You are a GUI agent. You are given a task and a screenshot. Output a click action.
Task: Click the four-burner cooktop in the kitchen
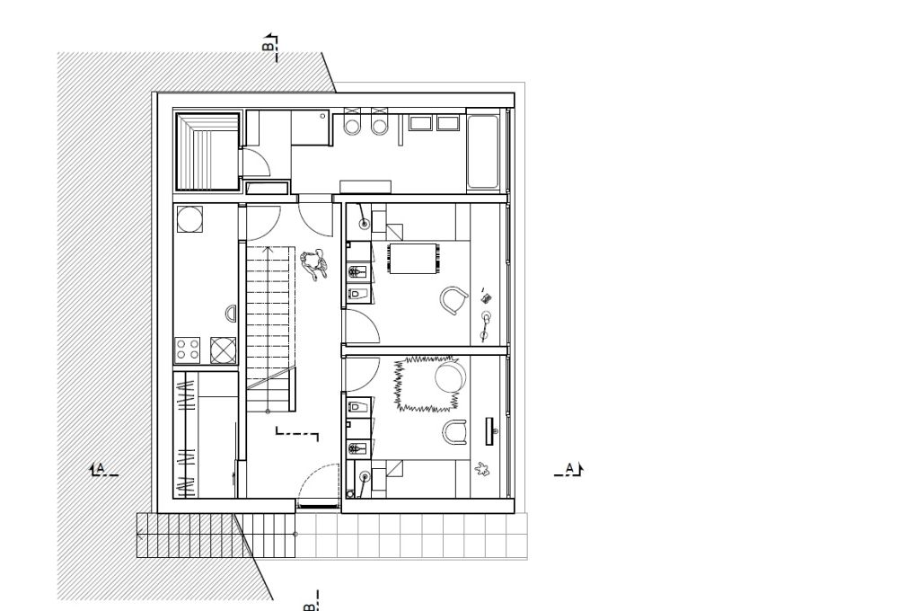coord(188,350)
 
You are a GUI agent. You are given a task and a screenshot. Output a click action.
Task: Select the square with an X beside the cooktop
coord(224,350)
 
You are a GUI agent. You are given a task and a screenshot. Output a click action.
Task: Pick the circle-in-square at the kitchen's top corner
coord(189,219)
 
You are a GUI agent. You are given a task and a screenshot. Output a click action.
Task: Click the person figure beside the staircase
coord(313,264)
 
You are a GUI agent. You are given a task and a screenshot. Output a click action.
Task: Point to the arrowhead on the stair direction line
coord(267,249)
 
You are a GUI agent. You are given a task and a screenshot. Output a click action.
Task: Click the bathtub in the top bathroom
coord(482,151)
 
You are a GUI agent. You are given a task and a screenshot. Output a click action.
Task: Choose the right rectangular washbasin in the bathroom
coord(448,123)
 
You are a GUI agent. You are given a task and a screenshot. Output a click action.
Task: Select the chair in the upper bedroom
coord(454,300)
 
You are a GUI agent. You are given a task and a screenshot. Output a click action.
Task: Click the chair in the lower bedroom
coord(454,431)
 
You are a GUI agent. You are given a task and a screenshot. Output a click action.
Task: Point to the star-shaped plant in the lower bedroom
coord(482,470)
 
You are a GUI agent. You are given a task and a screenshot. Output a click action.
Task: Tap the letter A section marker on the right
coord(569,468)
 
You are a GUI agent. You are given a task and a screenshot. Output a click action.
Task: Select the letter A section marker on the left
coord(101,468)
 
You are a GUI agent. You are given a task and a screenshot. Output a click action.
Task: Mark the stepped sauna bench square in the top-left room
coord(207,151)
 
